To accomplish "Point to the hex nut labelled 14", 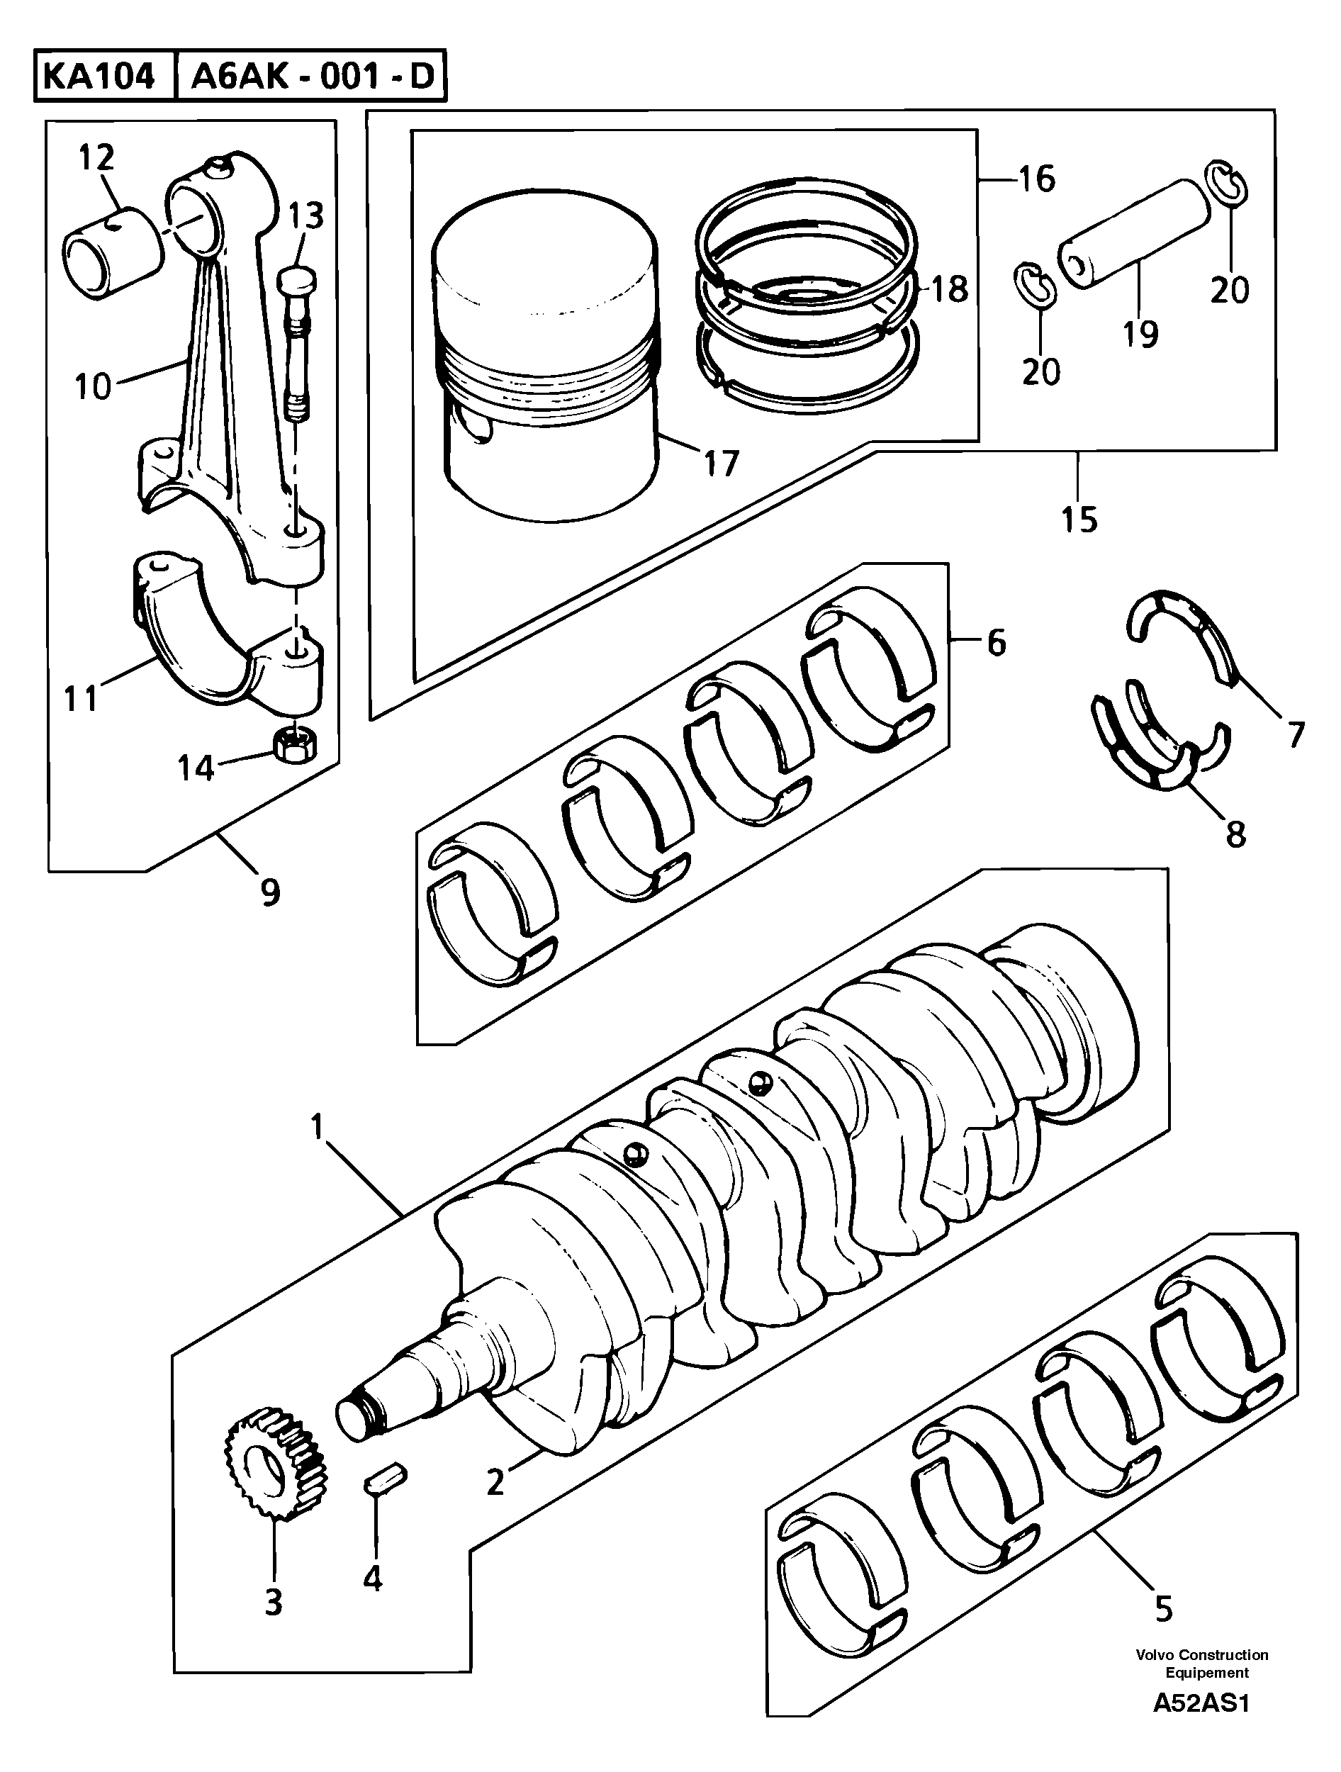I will point(295,745).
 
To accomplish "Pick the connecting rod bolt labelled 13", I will point(296,344).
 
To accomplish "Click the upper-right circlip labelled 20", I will point(1225,184).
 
